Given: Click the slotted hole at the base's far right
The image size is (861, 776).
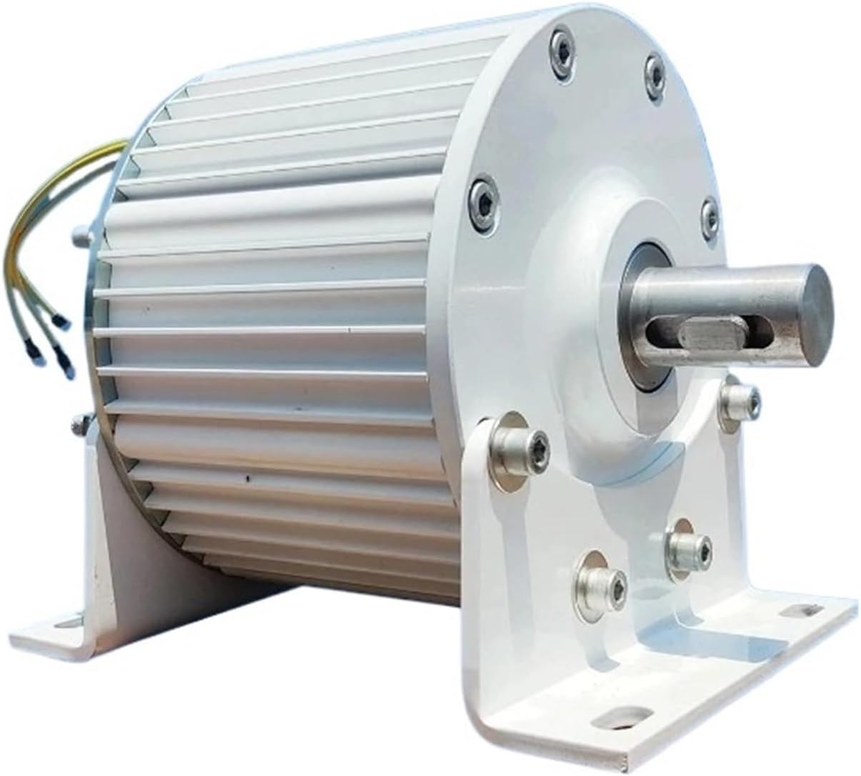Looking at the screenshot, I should (792, 611).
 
